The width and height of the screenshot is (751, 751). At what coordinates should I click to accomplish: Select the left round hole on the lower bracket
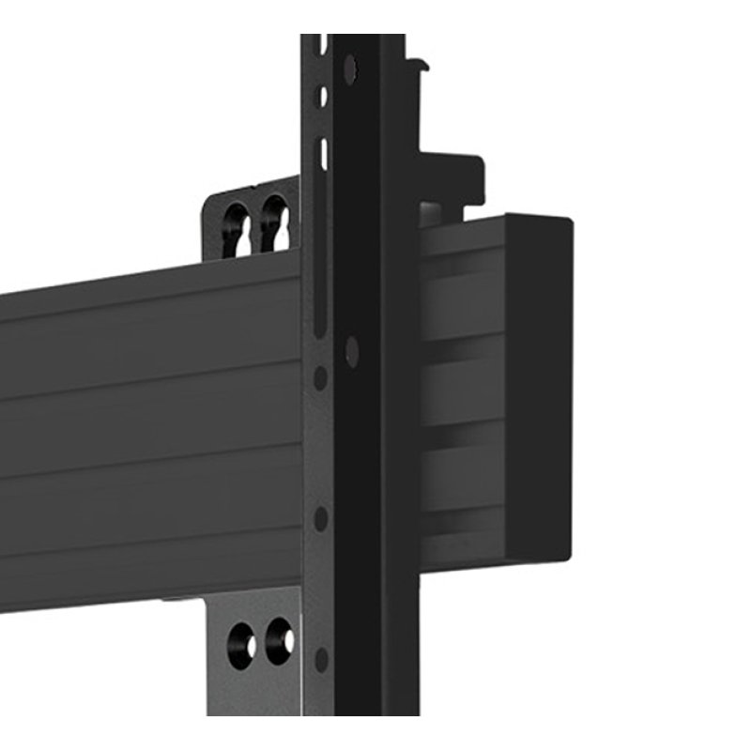(x=240, y=645)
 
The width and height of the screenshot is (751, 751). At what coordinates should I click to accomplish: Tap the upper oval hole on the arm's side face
(x=350, y=69)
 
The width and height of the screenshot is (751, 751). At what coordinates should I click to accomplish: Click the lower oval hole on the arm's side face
(x=351, y=351)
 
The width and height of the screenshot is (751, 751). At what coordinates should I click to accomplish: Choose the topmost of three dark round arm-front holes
(x=320, y=377)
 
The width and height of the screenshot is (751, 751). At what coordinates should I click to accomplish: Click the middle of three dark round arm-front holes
(x=321, y=518)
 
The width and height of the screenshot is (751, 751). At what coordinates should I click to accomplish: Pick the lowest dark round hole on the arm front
(x=321, y=659)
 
